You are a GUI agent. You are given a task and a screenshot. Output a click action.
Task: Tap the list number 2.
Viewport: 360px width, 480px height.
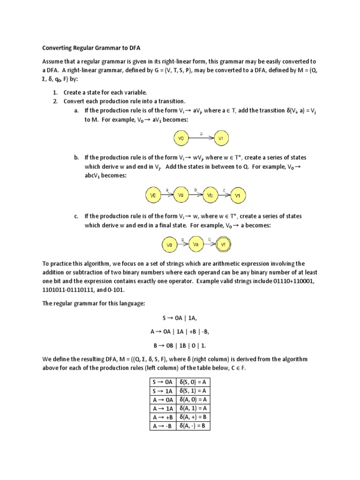tap(55, 101)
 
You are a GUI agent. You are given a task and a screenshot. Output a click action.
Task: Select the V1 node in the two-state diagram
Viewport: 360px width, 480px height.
tap(222, 138)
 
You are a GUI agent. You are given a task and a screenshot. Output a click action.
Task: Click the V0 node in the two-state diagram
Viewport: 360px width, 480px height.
tap(180, 138)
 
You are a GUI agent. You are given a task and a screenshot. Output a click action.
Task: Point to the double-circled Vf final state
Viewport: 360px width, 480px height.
tap(224, 244)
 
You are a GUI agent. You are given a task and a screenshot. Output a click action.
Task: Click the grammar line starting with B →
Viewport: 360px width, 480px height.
tap(180, 346)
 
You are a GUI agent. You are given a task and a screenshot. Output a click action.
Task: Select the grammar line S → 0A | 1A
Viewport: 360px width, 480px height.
tap(180, 318)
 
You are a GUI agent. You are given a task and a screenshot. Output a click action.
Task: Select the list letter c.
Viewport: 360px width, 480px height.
tap(76, 216)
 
